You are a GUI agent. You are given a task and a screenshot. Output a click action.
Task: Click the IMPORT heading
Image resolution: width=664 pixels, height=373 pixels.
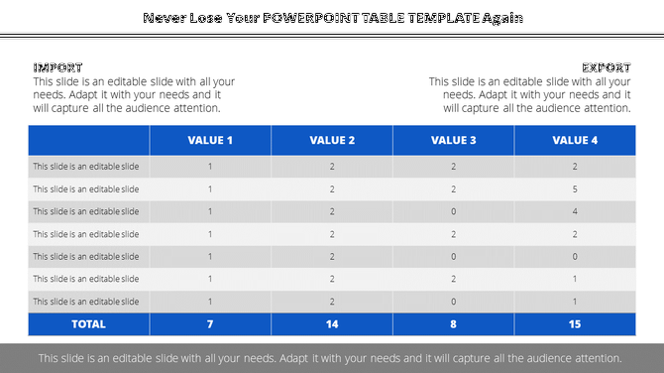[x=57, y=67]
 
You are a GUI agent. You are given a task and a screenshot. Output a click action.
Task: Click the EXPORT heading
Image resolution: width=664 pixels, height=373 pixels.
[x=607, y=67]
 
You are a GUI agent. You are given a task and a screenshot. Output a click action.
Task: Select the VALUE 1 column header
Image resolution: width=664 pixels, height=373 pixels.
[x=210, y=140]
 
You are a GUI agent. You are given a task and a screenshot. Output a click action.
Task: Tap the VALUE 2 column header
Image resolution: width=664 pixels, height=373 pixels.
[x=332, y=140]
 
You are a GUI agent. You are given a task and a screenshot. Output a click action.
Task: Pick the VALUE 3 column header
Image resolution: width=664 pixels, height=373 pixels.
[x=453, y=140]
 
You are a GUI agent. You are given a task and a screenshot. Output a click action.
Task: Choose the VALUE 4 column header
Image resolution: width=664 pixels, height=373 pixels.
[x=575, y=140]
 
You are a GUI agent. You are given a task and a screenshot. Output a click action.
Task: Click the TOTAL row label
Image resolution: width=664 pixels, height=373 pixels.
[x=89, y=323]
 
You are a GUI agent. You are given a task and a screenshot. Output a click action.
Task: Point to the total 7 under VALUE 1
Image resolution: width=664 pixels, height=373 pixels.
[x=210, y=323]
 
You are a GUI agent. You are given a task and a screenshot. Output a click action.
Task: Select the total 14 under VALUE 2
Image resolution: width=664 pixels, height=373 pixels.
[x=332, y=323]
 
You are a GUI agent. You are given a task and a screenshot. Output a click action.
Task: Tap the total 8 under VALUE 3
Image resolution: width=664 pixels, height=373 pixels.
[x=453, y=323]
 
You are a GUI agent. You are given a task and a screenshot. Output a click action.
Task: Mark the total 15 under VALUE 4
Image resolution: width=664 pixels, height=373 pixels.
[x=575, y=323]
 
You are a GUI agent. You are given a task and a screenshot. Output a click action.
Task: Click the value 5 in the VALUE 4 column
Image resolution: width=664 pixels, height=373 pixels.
[x=575, y=188]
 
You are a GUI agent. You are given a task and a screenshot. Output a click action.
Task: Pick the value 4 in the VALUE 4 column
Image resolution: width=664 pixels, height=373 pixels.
[x=575, y=211]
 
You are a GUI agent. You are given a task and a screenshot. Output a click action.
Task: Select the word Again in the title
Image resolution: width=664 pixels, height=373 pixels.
[x=501, y=18]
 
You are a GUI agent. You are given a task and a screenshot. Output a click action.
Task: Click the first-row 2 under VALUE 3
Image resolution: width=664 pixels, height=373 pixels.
[x=453, y=167]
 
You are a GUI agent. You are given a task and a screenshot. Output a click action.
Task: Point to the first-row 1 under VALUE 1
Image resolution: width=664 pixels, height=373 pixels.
[x=210, y=167]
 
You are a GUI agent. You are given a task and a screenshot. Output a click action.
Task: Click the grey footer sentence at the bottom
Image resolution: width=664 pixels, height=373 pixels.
[x=331, y=358]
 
